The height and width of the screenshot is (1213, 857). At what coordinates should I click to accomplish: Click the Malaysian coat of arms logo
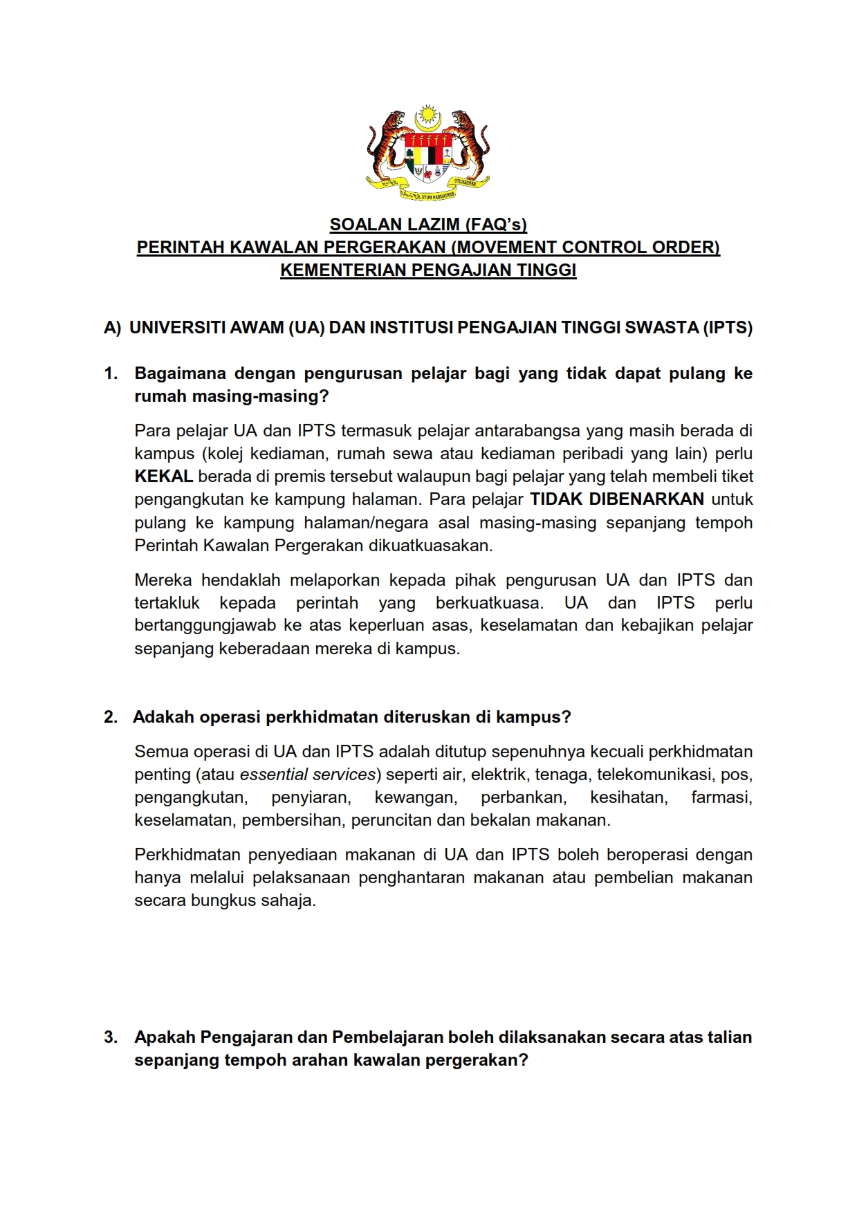428,154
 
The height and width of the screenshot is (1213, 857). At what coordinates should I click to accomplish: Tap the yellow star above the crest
428,112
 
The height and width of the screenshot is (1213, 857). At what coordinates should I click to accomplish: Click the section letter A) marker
112,328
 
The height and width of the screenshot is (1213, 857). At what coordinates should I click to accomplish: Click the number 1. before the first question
111,373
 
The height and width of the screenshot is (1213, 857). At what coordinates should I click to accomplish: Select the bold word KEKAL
163,476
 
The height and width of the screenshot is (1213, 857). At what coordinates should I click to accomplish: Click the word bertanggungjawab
204,625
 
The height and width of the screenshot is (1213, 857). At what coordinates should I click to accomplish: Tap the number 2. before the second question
111,717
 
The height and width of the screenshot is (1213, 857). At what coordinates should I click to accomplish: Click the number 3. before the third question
111,1037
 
